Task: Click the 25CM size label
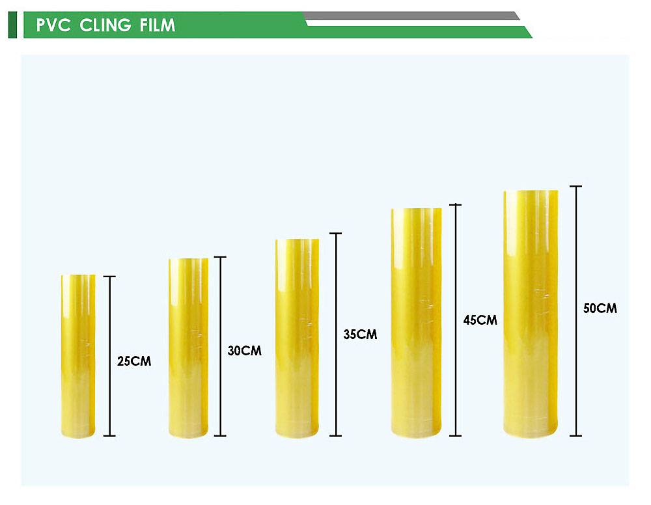[134, 361]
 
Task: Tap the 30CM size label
[245, 351]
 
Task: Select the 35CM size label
[360, 334]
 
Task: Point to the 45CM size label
[480, 320]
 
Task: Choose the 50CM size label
[600, 308]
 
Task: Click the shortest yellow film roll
[78, 356]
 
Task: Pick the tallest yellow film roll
[531, 314]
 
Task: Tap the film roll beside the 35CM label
[298, 338]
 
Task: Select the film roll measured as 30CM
[189, 348]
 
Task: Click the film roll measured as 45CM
[417, 323]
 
